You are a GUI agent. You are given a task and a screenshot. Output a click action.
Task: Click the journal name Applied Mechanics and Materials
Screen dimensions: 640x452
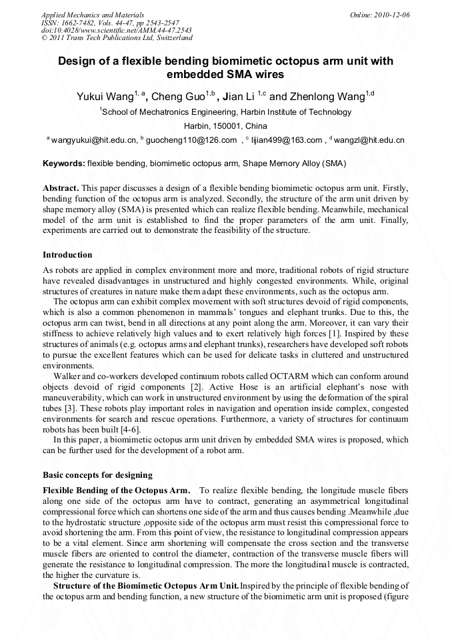[x=92, y=14]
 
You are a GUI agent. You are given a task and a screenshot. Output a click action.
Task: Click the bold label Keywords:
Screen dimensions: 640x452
[x=64, y=163]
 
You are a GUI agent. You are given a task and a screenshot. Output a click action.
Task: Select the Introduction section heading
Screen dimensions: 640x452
[x=67, y=255]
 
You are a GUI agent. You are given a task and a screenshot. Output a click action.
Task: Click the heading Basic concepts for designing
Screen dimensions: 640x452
[x=97, y=476]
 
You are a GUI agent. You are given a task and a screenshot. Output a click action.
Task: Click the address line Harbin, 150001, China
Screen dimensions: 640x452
[x=225, y=126]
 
